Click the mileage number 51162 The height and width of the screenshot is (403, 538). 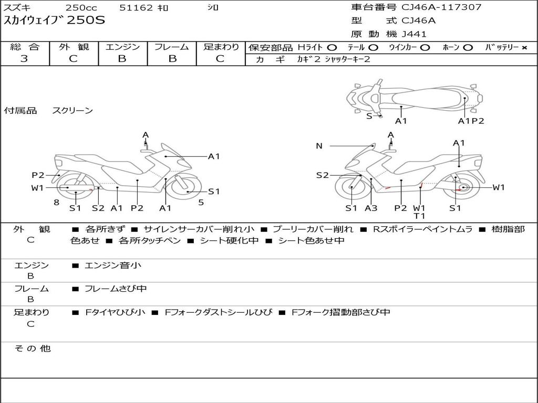point(136,8)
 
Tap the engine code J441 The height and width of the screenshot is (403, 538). point(414,34)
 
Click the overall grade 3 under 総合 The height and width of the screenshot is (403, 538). point(24,59)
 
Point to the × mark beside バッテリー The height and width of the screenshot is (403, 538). point(524,48)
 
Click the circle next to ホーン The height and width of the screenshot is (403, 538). point(468,48)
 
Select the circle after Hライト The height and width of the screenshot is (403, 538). point(332,48)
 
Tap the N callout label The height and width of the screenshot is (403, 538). point(319,146)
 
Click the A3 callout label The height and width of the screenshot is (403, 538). point(371,208)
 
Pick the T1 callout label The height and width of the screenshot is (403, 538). point(419,216)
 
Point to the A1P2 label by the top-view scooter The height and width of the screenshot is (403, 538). point(471,121)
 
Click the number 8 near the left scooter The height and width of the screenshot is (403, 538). point(56,202)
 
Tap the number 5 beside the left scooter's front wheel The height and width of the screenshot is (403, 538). point(201,202)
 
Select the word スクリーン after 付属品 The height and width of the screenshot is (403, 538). point(73,111)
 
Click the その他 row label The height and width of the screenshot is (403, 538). point(32,348)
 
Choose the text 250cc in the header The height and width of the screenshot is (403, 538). point(81,8)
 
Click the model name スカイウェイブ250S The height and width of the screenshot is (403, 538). point(55,21)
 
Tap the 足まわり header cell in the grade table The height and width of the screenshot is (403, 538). point(221,47)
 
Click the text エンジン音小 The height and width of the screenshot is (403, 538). point(113,266)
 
